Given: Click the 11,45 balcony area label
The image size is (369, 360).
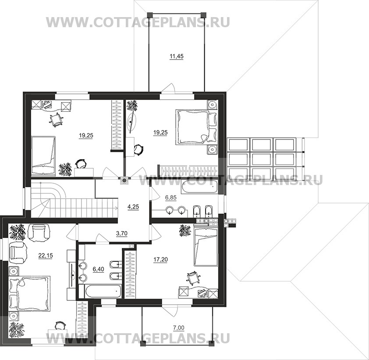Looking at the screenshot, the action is pos(177,57).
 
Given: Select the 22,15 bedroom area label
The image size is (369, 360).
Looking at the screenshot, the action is pos(46,256).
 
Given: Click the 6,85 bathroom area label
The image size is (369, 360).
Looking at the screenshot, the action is pos(171,198).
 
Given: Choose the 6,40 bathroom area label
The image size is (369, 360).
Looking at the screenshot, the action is pos(98,269).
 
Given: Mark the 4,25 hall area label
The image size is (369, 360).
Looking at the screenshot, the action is pos(133,207).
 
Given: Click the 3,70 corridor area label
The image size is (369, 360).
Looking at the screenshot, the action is pos(122,233).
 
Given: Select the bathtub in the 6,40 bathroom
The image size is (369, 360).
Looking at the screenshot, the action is pos(100,291).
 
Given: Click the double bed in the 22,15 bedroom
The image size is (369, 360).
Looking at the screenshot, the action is pos(30,293).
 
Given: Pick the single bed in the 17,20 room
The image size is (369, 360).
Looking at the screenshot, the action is pos(206,247).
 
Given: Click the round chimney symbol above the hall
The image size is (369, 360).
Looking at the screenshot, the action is pos(124,181).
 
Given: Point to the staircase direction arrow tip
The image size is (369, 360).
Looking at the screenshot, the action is pos(117,207).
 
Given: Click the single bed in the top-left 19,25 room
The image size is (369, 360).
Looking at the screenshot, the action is pos(43,155).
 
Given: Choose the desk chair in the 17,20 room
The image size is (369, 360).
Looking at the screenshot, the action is pos(193,278).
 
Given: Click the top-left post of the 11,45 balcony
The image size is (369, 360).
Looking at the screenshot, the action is pos(149,14).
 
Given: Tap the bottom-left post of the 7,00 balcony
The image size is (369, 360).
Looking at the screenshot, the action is pos(142,344).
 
